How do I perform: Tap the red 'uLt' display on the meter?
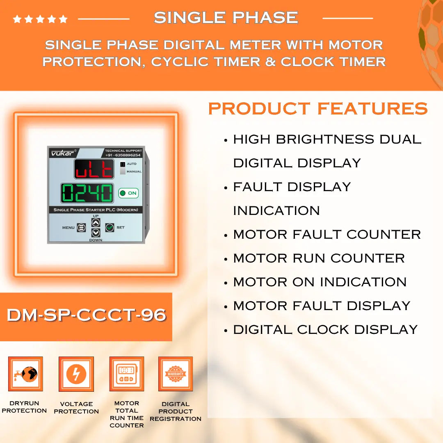click(x=94, y=169)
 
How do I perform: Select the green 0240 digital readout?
click(x=87, y=193)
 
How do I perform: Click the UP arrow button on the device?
click(x=96, y=223)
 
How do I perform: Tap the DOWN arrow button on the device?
click(x=96, y=233)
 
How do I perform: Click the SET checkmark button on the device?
click(x=109, y=227)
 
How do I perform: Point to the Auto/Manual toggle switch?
click(x=123, y=168)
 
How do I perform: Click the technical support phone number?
click(x=123, y=155)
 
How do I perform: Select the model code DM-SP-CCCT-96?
click(x=86, y=315)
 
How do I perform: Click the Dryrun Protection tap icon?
click(x=25, y=374)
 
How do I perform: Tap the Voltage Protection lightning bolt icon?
click(x=76, y=374)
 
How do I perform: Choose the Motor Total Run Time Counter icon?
click(x=127, y=374)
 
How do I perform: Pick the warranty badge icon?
click(x=176, y=374)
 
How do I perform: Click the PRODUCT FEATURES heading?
click(x=318, y=109)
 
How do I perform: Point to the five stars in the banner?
click(x=40, y=19)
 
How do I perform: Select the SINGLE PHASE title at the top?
click(x=226, y=18)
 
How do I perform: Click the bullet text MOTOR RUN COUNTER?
click(x=319, y=258)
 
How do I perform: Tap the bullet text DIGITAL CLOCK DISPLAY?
click(x=325, y=330)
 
